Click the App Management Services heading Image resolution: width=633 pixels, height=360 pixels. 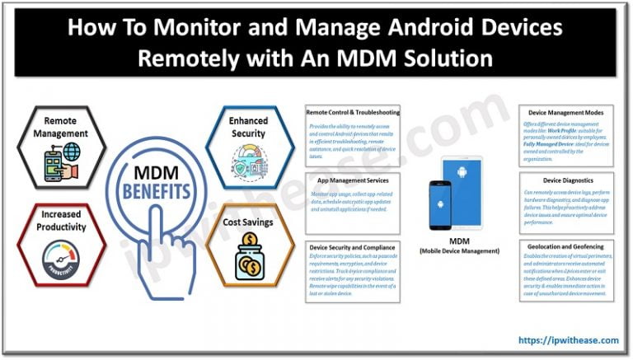[352, 179]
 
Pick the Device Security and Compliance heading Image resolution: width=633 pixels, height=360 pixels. [352, 246]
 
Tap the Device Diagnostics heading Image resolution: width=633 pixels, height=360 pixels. [566, 179]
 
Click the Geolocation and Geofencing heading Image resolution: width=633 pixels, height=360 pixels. [566, 246]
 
